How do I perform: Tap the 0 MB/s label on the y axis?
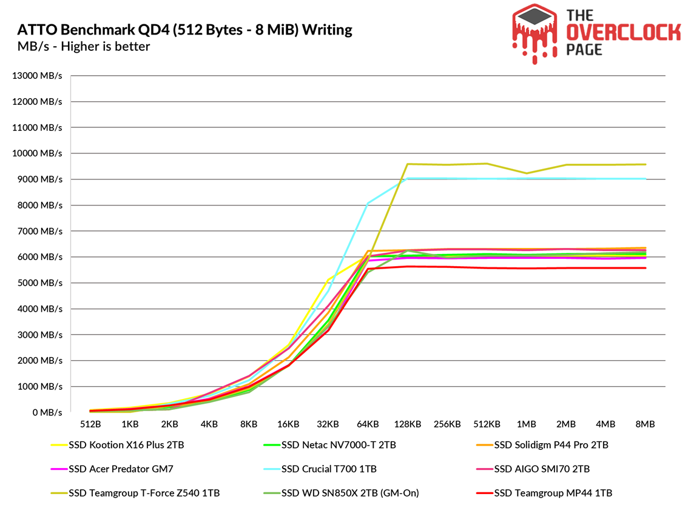pyautogui.click(x=46, y=412)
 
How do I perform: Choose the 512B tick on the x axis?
pyautogui.click(x=90, y=424)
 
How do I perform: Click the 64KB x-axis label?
pyautogui.click(x=368, y=424)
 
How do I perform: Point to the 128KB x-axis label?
pyautogui.click(x=408, y=424)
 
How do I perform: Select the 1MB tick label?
pyautogui.click(x=527, y=424)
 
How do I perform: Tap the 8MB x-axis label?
pyautogui.click(x=646, y=424)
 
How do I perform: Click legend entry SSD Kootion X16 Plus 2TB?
pyautogui.click(x=126, y=445)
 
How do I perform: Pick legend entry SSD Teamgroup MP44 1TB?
pyautogui.click(x=553, y=493)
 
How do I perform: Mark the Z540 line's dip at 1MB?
pyautogui.click(x=527, y=173)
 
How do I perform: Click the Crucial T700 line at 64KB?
pyautogui.click(x=368, y=204)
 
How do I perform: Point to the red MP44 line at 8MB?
pyautogui.click(x=646, y=268)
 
